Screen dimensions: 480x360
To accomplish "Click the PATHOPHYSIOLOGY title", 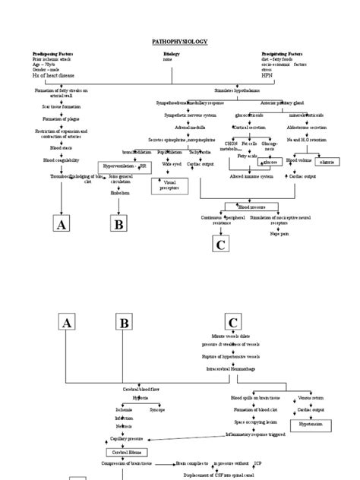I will tap(179, 41).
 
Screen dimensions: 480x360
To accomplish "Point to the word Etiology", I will tap(172, 55).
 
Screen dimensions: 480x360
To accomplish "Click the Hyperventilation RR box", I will tap(121, 165).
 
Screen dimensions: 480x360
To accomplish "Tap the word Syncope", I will tap(156, 409).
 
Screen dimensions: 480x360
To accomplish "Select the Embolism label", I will tap(120, 193).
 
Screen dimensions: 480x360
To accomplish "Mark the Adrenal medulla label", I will tap(185, 128).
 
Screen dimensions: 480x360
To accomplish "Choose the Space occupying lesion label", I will tap(254, 419).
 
